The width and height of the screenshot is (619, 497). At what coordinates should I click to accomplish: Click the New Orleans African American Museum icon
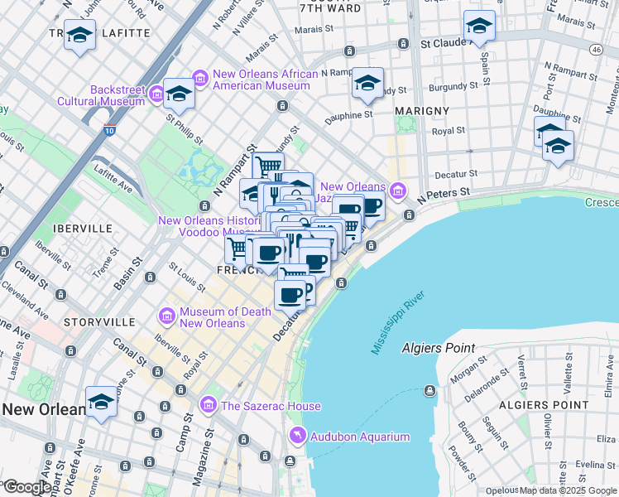click(199, 79)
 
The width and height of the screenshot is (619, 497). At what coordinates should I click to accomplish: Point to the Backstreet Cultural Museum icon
click(157, 95)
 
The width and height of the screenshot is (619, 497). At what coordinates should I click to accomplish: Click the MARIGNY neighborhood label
click(422, 110)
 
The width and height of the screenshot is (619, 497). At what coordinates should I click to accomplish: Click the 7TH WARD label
click(331, 8)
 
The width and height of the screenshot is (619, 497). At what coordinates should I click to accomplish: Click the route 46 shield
click(595, 50)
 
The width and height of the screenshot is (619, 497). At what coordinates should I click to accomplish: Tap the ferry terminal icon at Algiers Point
click(430, 390)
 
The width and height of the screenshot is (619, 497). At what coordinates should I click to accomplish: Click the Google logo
click(26, 487)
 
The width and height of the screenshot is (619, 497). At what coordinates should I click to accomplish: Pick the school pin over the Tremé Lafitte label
click(79, 36)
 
